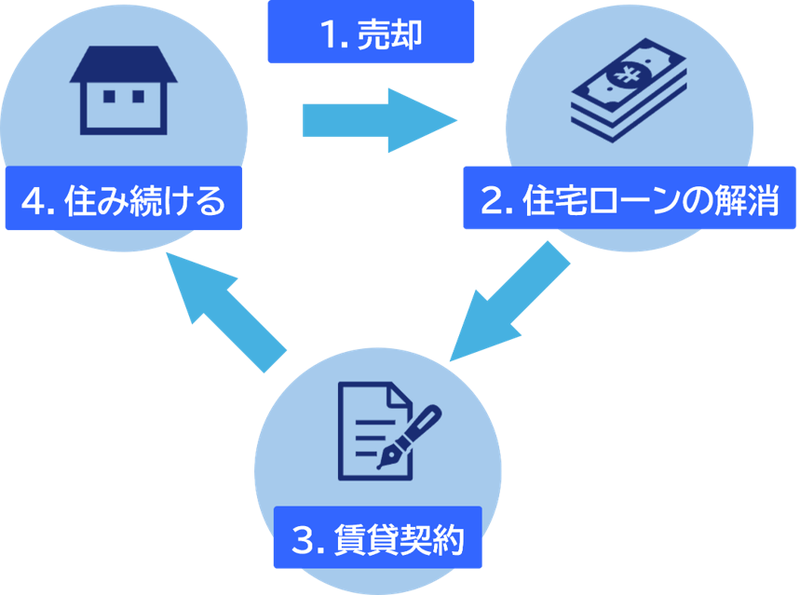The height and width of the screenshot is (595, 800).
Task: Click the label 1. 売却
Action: click(371, 34)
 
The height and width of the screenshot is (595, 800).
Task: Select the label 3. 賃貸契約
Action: click(376, 540)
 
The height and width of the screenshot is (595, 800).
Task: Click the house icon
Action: click(123, 90)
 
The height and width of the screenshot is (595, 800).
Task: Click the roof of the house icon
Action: click(123, 63)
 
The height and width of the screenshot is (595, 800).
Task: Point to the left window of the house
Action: click(108, 96)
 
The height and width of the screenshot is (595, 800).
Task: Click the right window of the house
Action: click(138, 96)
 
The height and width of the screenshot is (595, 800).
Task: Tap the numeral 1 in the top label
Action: click(327, 35)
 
